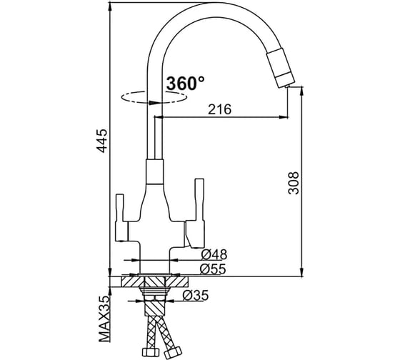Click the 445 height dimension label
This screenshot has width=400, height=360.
103,141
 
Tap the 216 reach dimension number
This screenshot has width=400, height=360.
220,109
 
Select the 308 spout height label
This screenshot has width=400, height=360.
293,183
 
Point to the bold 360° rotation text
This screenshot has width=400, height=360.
186,83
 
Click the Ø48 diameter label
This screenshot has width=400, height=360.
214,254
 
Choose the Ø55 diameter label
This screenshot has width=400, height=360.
213,269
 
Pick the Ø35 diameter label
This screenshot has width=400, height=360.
196,296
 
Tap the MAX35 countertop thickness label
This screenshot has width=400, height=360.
104,319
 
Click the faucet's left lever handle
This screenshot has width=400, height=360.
120,218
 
